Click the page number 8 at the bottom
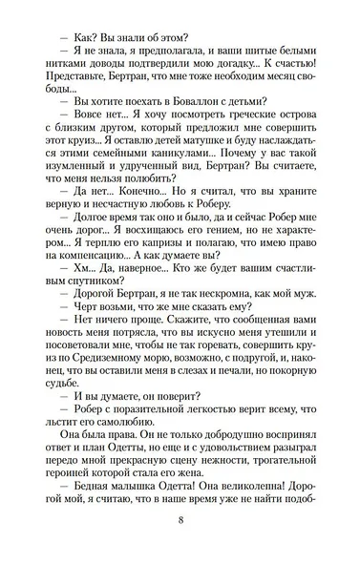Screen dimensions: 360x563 (x=180, y=521)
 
